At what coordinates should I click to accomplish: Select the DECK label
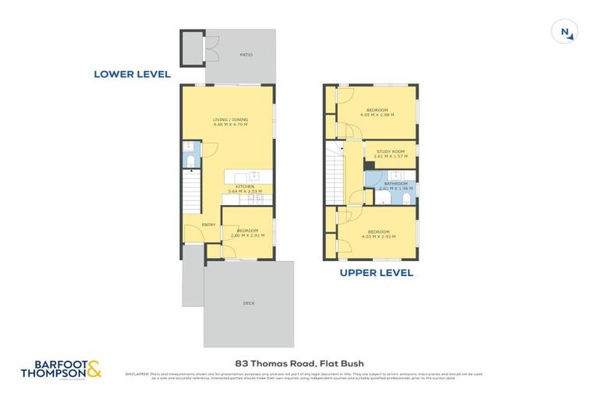pos(248,303)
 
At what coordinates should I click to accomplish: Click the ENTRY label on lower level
pos(208,225)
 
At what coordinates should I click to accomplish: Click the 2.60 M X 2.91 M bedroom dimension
pos(247,235)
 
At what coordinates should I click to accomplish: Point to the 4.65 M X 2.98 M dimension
pos(377,115)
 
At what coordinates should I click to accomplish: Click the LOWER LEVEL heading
pos(132,74)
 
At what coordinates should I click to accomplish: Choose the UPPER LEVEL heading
pos(376,273)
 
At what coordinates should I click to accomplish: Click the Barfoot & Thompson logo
pos(67,369)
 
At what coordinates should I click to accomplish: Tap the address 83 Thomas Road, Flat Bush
pos(299,363)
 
